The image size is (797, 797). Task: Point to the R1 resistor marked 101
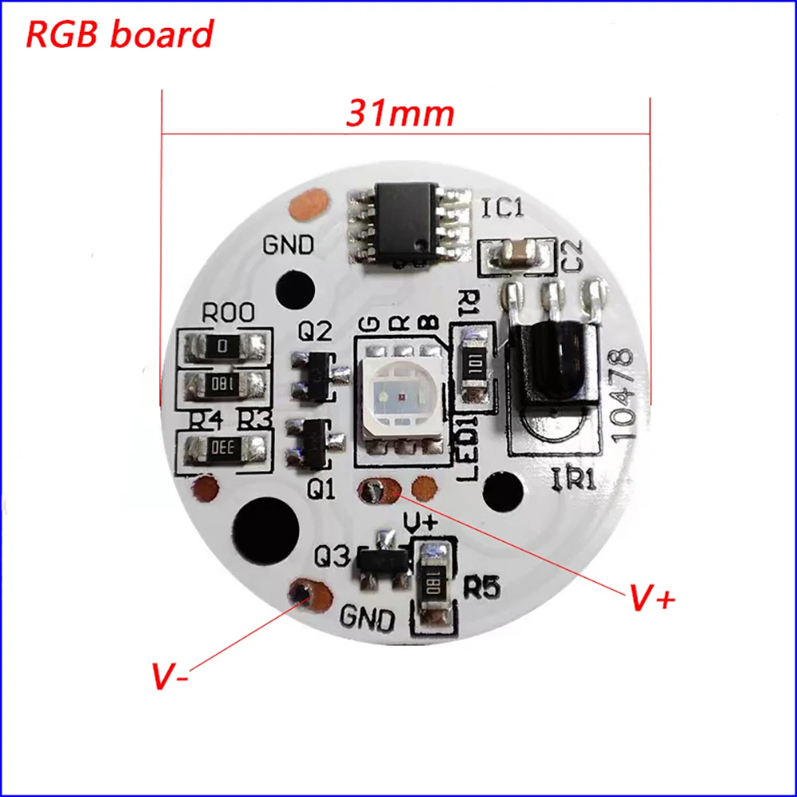pos(476,363)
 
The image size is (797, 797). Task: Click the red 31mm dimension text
pos(399,114)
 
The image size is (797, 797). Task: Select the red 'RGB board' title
pos(120,34)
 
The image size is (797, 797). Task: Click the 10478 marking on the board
pos(622,394)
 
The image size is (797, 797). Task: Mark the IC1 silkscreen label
pos(502,209)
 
